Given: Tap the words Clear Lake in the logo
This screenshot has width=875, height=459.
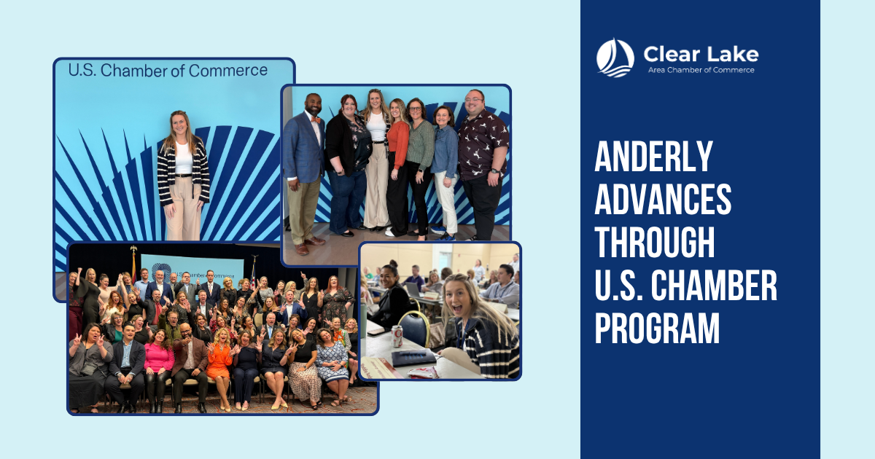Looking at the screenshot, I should coord(701,54).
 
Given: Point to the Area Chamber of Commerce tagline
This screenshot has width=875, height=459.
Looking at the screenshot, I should coord(701,70).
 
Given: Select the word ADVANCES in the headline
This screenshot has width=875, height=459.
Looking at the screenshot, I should coord(663,200).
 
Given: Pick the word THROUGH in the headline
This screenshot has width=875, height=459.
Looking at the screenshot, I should coord(655,242).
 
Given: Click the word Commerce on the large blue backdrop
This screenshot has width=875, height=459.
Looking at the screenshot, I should coord(228,71).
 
